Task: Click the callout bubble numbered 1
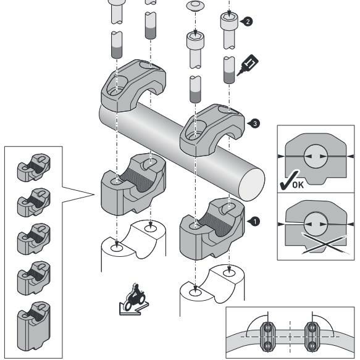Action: click(x=255, y=222)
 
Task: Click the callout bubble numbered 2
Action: click(x=248, y=22)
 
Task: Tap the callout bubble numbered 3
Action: click(x=255, y=123)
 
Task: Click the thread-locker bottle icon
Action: click(x=248, y=65)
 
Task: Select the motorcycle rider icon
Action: click(x=135, y=299)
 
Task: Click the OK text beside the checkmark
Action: click(x=298, y=185)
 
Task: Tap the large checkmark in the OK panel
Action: click(x=289, y=180)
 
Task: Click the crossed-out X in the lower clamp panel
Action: click(x=325, y=243)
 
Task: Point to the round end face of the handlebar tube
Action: click(x=252, y=185)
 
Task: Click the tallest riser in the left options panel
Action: click(x=34, y=326)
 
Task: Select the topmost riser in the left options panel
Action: click(x=34, y=167)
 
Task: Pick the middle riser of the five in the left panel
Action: click(x=34, y=239)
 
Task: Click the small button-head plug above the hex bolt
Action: click(x=195, y=6)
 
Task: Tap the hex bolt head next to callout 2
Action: click(x=229, y=21)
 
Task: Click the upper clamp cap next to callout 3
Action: click(x=212, y=130)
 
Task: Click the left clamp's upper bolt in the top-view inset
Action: click(x=267, y=327)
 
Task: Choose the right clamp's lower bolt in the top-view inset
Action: click(x=312, y=346)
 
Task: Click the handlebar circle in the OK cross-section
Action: click(x=316, y=156)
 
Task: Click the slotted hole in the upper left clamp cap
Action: click(x=117, y=85)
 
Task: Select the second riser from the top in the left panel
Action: click(x=34, y=203)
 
